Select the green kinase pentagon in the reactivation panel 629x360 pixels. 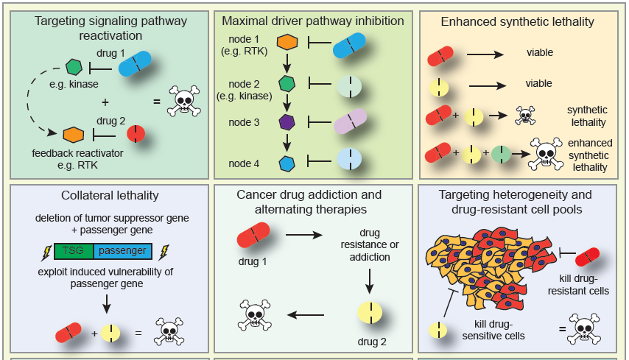[74, 68]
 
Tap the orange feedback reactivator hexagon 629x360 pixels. [72, 135]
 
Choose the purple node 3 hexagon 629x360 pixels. [286, 122]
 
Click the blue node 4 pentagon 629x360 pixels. [287, 161]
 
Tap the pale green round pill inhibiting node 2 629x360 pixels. [348, 85]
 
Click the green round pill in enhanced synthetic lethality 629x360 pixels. [501, 155]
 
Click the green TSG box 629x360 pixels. [73, 251]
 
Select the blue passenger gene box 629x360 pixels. [123, 251]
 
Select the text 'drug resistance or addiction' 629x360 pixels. [370, 245]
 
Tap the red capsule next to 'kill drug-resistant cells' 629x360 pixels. [588, 258]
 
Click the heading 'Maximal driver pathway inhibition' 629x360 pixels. [313, 21]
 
